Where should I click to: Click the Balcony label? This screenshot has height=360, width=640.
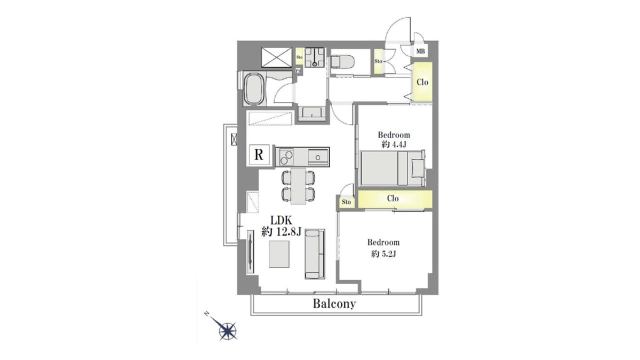click(334, 303)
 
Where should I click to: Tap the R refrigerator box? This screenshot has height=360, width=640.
click(259, 155)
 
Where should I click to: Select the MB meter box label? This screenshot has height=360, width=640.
click(421, 51)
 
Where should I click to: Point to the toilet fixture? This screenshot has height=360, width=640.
click(342, 62)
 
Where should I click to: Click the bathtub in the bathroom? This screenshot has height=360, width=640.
click(254, 89)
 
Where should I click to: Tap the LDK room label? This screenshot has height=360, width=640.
click(281, 220)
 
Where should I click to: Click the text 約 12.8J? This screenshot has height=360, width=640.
click(282, 232)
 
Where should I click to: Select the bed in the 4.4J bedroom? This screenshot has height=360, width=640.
click(393, 168)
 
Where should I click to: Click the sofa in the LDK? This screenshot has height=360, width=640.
click(315, 254)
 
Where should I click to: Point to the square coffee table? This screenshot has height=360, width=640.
click(279, 254)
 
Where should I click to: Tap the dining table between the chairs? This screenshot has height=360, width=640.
click(298, 186)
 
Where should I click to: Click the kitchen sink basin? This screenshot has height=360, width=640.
click(318, 157)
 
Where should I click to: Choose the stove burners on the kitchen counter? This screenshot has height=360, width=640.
click(286, 157)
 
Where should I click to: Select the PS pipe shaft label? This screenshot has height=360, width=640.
click(299, 70)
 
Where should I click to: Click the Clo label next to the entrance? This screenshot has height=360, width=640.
click(422, 82)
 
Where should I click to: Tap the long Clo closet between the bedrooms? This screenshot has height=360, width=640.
click(395, 199)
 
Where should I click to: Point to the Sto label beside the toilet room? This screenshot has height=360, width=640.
click(378, 61)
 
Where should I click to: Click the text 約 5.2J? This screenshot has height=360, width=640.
click(383, 254)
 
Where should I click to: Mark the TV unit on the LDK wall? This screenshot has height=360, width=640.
click(251, 251)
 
